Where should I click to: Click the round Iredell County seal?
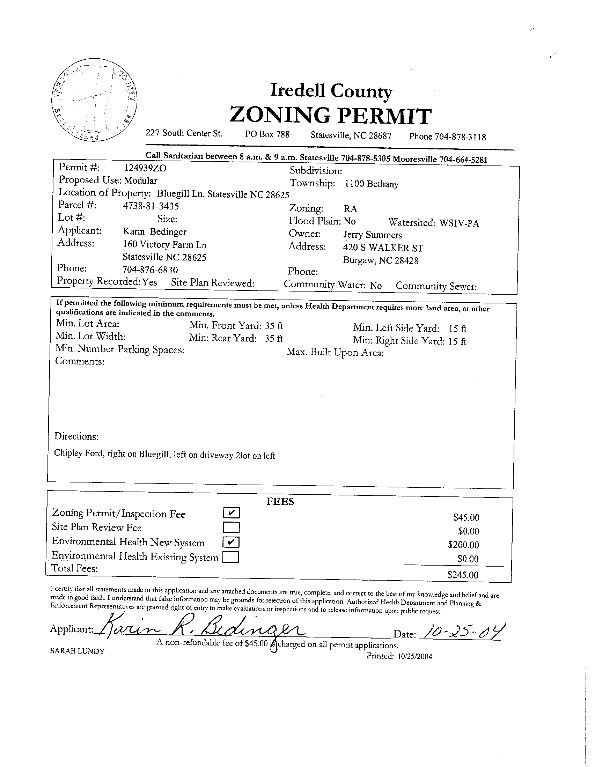[94, 101]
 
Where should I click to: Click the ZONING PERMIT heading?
[330, 116]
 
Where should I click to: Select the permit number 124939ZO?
[145, 168]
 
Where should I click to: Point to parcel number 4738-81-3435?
[151, 205]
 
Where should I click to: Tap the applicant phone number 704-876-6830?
[150, 270]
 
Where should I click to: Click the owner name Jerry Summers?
[372, 235]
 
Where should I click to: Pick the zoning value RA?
[350, 209]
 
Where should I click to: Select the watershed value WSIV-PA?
[459, 223]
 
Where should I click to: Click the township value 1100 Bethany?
[372, 184]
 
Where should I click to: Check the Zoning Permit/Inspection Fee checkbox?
[231, 513]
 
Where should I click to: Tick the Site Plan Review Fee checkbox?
[231, 528]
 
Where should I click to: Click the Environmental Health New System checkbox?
[231, 542]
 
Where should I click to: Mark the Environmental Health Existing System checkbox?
[231, 557]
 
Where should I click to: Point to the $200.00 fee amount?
[463, 545]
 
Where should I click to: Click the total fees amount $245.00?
[463, 575]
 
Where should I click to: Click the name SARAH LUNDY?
[77, 651]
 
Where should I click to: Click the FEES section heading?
[280, 501]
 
